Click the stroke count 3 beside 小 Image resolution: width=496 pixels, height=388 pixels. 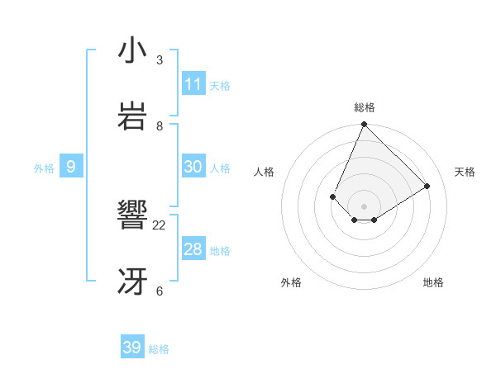[160, 59]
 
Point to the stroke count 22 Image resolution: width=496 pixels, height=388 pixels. [160, 225]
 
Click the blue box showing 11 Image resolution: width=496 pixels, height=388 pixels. [193, 84]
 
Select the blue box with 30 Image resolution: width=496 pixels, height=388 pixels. [193, 167]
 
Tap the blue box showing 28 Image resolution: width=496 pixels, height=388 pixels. [193, 249]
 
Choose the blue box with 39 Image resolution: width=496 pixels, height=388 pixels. [132, 348]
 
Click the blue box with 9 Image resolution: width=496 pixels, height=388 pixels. [71, 167]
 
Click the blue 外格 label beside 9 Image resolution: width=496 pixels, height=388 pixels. [44, 168]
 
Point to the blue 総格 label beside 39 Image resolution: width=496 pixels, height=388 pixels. [159, 349]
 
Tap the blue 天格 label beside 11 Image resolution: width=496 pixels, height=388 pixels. [220, 85]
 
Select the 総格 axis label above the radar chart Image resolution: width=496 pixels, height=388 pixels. [365, 107]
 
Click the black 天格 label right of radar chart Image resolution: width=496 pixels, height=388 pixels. [465, 172]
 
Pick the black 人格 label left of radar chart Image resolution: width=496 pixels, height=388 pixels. [264, 172]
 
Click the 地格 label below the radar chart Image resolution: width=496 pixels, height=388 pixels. [433, 282]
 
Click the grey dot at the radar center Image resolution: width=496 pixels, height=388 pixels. [365, 206]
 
